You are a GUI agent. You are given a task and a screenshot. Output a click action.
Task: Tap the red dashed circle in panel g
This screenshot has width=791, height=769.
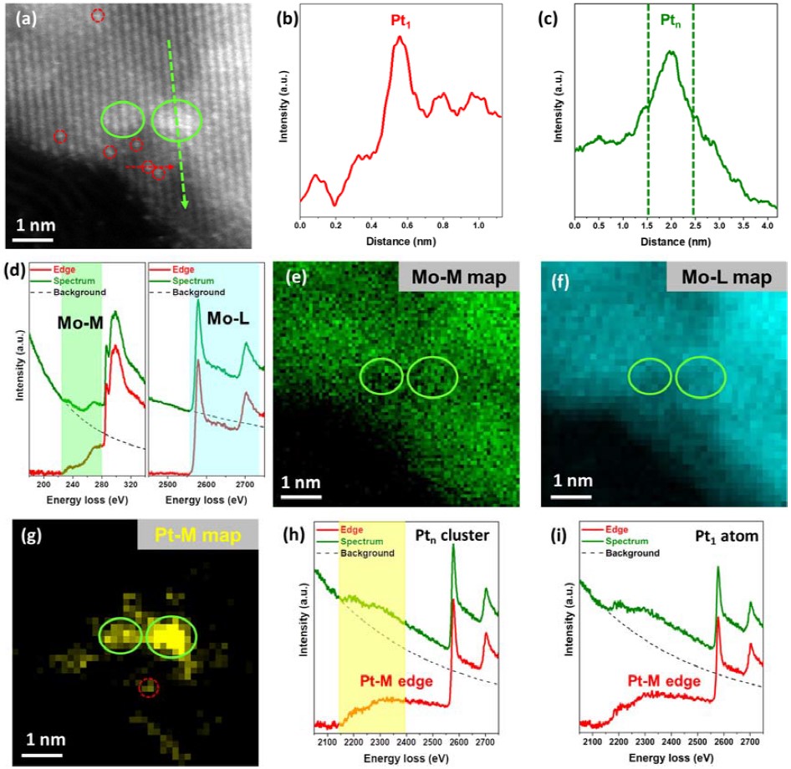148,687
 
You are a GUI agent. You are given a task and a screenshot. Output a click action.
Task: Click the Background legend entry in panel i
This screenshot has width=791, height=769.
632,553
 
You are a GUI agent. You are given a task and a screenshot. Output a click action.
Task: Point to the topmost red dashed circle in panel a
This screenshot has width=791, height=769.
98,15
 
